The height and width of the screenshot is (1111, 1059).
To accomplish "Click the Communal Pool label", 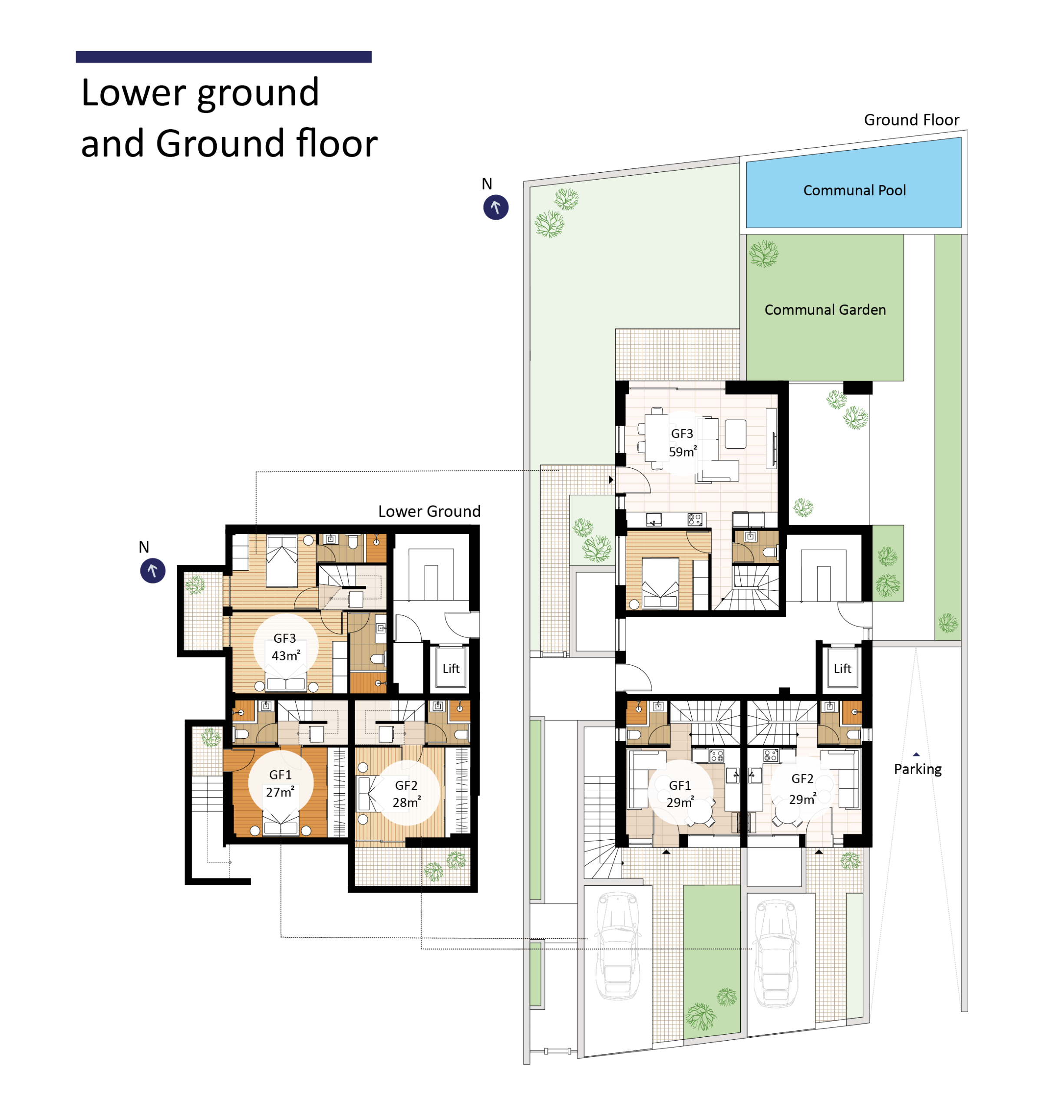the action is tap(854, 190).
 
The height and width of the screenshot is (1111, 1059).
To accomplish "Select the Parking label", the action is tap(917, 769).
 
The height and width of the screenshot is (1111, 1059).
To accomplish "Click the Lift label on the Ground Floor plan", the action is tap(842, 669).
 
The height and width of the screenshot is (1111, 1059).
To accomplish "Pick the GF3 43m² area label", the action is tap(286, 647).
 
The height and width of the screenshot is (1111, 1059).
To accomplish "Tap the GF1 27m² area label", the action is tap(280, 783).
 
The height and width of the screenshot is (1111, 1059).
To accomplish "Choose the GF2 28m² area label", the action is tap(406, 793).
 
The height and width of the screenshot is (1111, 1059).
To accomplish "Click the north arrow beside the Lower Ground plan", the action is tap(152, 570).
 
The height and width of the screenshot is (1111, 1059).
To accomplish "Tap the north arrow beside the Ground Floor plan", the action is tap(495, 207).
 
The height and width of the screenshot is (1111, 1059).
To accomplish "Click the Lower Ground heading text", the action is tap(429, 511).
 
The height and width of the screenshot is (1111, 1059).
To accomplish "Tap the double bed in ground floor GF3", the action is tap(660, 583).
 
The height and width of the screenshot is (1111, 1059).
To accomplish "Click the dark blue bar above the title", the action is tap(224, 57).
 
